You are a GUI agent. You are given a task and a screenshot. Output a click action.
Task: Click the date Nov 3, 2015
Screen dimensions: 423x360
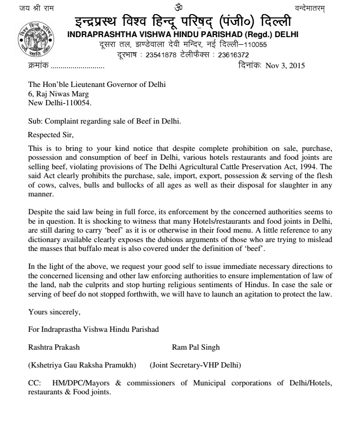pos(285,66)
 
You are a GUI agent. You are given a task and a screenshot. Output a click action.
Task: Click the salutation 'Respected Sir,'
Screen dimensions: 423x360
pos(51,135)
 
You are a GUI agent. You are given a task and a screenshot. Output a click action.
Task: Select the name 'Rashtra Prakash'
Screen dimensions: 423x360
pos(54,347)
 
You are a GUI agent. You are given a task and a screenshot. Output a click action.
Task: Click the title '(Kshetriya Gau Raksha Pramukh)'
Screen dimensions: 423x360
pos(82,365)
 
